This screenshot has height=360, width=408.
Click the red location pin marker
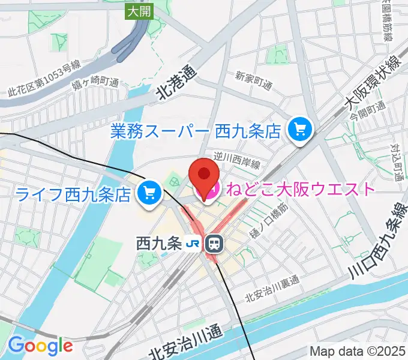205,176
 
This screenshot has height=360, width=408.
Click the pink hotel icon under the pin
205,194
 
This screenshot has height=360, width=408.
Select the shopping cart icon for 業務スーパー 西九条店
298,129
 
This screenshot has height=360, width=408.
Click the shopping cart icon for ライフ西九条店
148,193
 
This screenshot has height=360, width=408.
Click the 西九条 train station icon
213,244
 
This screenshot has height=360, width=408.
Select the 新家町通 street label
253,82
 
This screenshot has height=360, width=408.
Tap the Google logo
40,346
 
